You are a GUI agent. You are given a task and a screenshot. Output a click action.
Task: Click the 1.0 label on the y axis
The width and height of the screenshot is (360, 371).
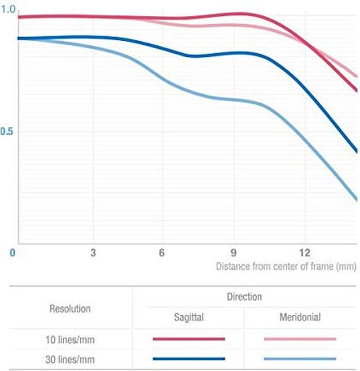8,10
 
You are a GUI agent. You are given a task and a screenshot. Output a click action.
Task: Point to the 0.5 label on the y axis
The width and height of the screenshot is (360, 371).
6,132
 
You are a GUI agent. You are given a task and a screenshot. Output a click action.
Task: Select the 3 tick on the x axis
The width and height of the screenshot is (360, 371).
93,252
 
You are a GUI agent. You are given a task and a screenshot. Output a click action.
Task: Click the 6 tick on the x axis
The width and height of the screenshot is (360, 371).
162,252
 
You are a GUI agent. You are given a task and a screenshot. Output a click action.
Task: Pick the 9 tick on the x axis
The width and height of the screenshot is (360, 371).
233,252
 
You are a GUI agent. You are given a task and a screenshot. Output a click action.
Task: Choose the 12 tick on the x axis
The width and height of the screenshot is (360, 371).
305,252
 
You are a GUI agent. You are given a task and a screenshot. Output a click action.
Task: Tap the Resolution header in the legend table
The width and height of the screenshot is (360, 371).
70,309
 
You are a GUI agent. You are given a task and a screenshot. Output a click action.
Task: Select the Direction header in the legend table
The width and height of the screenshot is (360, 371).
244,297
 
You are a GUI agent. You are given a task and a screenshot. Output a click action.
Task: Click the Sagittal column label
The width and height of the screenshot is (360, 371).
189,317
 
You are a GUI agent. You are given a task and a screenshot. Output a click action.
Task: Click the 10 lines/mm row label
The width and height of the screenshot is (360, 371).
70,339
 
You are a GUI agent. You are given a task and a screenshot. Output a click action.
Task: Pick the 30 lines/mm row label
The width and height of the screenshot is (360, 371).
70,359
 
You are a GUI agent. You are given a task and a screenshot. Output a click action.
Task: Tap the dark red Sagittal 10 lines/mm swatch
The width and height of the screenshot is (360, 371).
189,339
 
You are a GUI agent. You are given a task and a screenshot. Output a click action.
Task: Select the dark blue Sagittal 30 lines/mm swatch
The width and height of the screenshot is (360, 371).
189,359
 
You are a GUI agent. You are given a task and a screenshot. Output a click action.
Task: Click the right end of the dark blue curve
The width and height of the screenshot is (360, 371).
356,151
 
